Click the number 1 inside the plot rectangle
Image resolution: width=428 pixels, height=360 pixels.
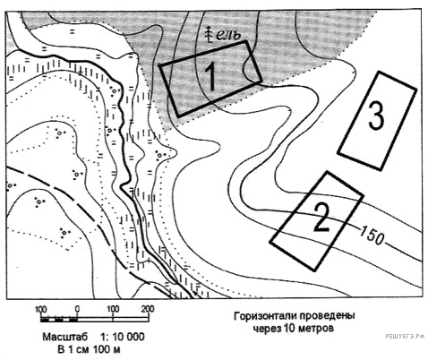(211, 76)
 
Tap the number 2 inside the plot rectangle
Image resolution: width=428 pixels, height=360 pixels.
(322, 218)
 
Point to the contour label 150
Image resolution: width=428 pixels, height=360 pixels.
(372, 236)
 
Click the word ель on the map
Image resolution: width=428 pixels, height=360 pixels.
(228, 35)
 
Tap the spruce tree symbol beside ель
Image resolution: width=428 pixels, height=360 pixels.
(210, 34)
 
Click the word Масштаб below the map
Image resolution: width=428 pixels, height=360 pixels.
(65, 337)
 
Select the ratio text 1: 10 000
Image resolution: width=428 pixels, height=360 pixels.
(123, 337)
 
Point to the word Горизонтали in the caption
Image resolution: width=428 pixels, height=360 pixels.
(264, 316)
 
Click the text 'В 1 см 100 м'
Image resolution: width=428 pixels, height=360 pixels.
(89, 349)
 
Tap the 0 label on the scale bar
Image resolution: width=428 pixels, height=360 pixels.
(77, 309)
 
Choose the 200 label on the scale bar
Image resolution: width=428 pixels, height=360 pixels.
(148, 309)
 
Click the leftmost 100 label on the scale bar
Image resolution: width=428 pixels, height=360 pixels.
(41, 309)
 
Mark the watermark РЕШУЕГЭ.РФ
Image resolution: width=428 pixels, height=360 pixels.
(405, 336)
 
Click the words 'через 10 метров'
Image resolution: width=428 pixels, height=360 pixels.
(294, 329)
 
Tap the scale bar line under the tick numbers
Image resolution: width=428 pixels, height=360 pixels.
(94, 320)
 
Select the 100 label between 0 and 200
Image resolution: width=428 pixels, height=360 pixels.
(113, 309)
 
